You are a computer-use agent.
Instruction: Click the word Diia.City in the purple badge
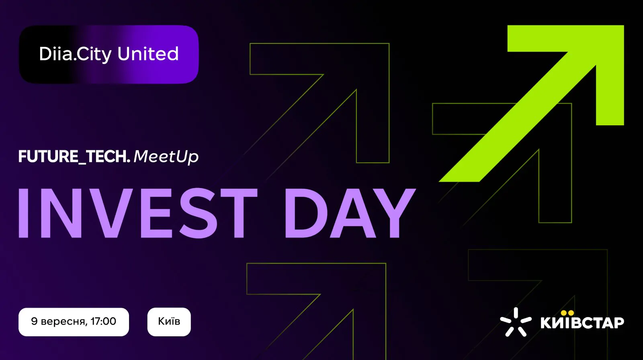tap(75, 54)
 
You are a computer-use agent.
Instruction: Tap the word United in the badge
tap(148, 53)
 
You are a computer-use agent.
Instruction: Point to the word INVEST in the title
tap(138, 213)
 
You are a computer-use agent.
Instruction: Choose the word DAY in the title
tap(350, 213)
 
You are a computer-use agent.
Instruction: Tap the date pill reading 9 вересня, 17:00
tap(74, 322)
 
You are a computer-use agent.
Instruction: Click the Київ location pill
tap(169, 322)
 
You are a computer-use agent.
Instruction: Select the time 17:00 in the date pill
tap(103, 321)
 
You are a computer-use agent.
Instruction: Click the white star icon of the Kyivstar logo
tap(516, 322)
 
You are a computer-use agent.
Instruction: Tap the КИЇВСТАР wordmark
tap(582, 322)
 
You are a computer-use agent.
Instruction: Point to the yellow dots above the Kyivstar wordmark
tap(567, 313)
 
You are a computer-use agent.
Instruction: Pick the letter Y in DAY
tap(393, 213)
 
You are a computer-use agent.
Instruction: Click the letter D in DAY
tap(306, 213)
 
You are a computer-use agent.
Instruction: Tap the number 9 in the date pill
tap(35, 321)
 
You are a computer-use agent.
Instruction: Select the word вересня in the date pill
tap(64, 322)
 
